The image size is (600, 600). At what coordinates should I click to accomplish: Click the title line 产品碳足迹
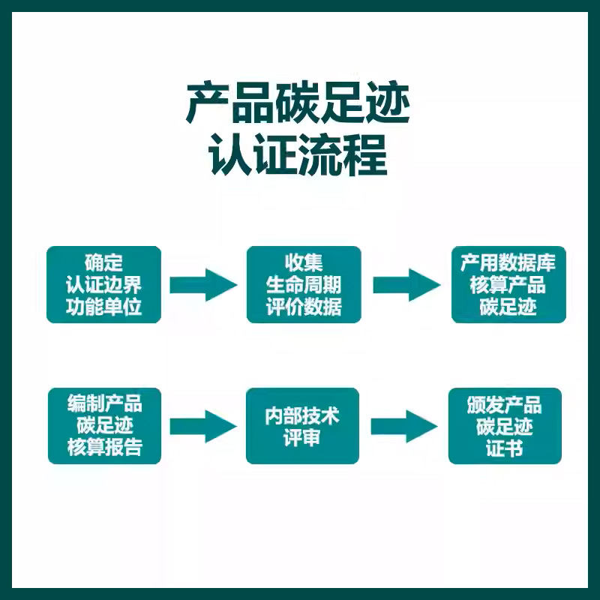[298, 104]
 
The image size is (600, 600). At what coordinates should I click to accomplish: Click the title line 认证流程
[298, 155]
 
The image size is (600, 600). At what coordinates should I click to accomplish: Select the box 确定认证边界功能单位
[103, 285]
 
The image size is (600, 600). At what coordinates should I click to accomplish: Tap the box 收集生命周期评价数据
[304, 285]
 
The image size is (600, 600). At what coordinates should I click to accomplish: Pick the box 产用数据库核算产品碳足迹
[508, 285]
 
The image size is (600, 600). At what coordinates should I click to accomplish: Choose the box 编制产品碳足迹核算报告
[104, 426]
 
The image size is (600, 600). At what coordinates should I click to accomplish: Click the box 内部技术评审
[302, 426]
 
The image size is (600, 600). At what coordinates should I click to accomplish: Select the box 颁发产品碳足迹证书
[505, 426]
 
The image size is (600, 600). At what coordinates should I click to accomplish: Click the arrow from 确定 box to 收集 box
[203, 285]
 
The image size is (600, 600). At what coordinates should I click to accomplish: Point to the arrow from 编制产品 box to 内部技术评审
[202, 426]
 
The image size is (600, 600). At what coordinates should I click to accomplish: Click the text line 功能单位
[103, 307]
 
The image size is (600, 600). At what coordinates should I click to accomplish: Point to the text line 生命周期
[304, 286]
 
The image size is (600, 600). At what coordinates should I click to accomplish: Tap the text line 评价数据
[304, 307]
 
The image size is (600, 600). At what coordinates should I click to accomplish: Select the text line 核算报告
[104, 448]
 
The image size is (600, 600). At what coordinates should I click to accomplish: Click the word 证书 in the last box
[505, 448]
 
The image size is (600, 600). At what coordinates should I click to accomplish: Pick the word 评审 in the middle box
[302, 438]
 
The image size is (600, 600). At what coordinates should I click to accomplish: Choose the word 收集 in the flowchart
[304, 263]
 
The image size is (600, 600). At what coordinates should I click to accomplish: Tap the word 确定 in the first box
[103, 263]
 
